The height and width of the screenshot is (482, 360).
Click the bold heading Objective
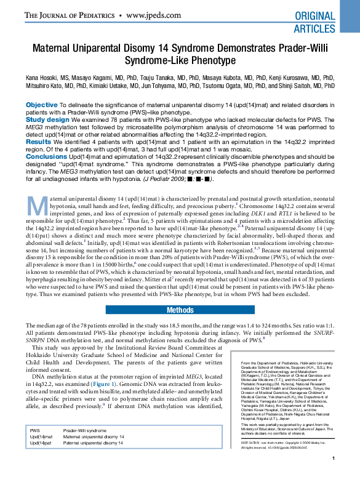point(42,105)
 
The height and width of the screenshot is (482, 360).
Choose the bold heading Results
point(39,142)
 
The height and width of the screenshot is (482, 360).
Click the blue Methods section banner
point(180,310)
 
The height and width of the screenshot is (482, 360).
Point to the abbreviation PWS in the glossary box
point(35,431)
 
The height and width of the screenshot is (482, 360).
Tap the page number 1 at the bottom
point(333,475)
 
